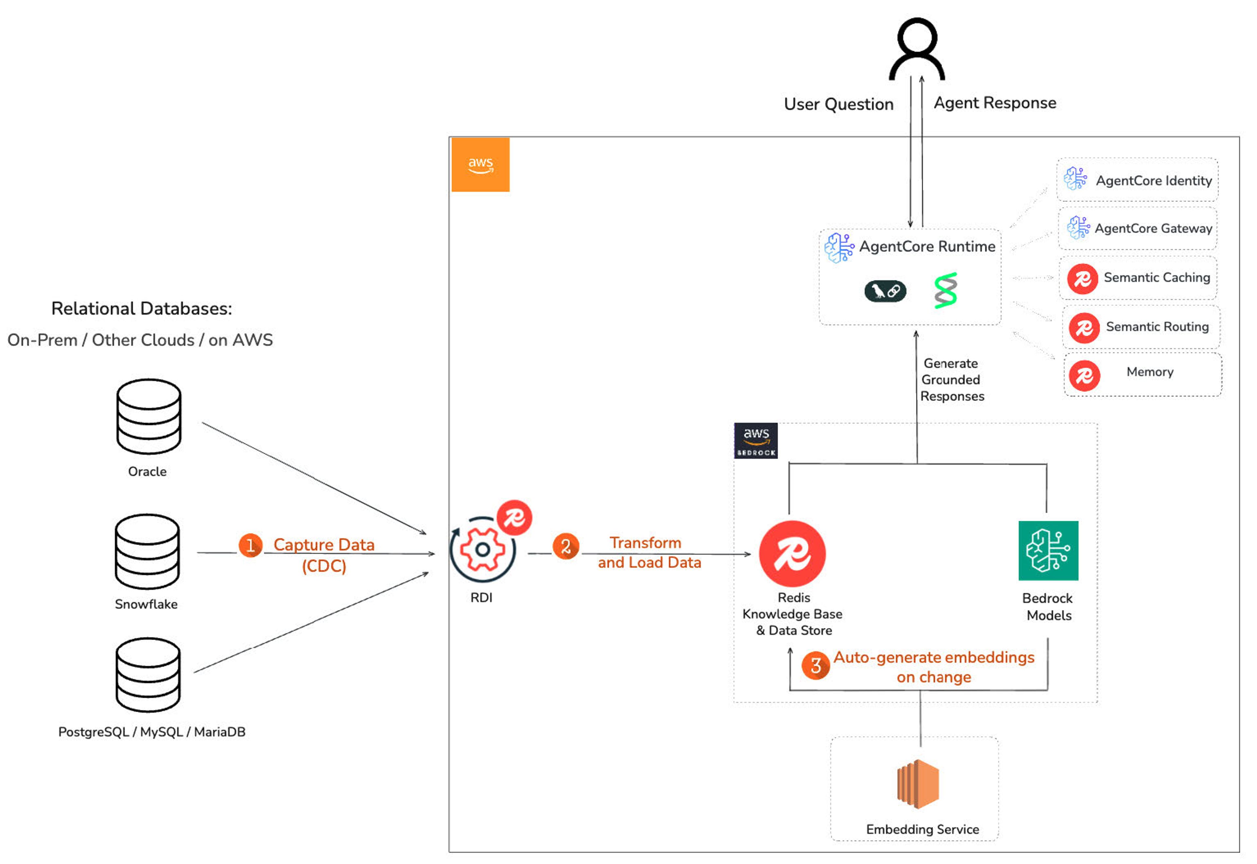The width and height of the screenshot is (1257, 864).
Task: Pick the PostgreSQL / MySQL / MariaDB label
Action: point(152,732)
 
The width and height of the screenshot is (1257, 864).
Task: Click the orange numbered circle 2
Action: point(565,546)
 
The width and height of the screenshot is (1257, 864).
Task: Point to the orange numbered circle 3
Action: point(815,665)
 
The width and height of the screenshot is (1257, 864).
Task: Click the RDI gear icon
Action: point(482,550)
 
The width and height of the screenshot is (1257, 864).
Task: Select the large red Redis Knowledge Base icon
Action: point(792,554)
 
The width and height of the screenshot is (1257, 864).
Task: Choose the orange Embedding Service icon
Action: point(918,784)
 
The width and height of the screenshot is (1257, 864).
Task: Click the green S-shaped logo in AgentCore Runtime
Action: point(946,291)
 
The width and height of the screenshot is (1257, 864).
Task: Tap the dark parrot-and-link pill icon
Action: point(885,291)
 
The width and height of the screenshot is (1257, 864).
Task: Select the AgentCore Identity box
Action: point(1137,180)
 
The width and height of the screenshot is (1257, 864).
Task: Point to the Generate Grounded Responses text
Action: point(952,379)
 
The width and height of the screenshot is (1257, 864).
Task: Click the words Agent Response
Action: point(994,103)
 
